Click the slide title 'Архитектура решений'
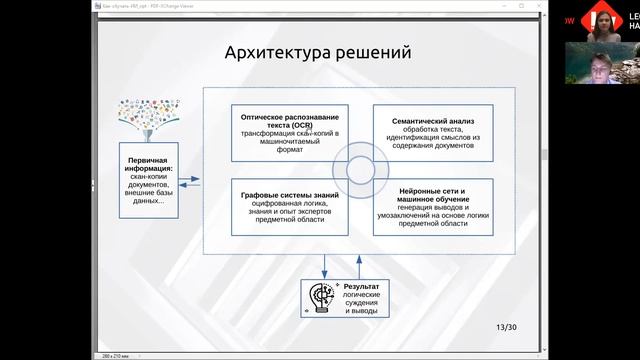pos(317,52)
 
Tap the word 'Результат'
pos(362,287)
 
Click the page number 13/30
pos(507,327)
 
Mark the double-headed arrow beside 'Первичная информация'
pos(190,181)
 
